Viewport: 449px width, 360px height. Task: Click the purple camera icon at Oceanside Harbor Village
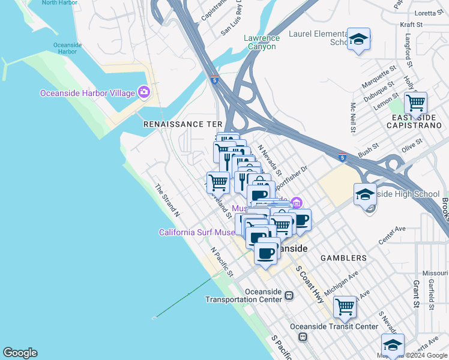click(143, 92)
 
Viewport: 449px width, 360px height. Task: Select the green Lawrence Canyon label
click(260, 42)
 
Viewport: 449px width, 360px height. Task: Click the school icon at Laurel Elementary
click(358, 40)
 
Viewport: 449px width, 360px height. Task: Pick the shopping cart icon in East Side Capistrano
click(415, 103)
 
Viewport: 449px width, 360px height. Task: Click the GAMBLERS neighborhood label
click(347, 258)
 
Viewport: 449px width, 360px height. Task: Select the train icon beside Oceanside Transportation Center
click(289, 295)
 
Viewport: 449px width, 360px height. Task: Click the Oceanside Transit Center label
click(334, 326)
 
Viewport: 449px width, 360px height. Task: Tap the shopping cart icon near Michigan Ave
click(345, 307)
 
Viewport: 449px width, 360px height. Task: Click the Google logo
click(20, 353)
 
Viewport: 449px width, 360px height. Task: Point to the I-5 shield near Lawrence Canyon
click(214, 79)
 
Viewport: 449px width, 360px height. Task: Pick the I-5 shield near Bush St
click(342, 158)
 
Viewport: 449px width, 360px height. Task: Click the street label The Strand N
click(167, 199)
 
